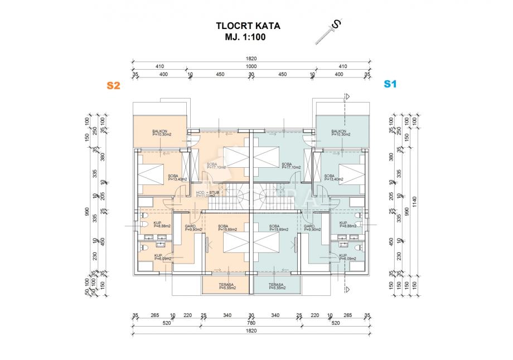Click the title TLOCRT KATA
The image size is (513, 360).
click(x=248, y=26)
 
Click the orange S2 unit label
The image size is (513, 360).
click(x=114, y=85)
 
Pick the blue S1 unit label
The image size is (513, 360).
click(x=389, y=84)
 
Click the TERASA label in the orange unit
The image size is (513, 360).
click(x=227, y=286)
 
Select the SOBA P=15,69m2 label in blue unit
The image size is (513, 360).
click(x=278, y=227)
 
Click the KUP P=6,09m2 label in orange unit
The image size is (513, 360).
click(x=162, y=257)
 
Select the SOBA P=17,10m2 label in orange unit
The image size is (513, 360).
click(x=215, y=166)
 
